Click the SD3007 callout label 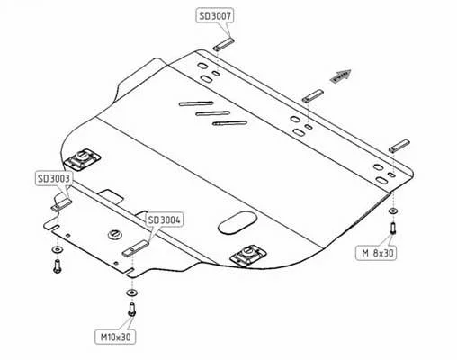(215, 15)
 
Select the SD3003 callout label (54, 178)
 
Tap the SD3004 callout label (165, 220)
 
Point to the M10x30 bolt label (115, 337)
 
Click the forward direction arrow (340, 76)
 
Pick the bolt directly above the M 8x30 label (392, 229)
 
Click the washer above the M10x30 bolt (131, 292)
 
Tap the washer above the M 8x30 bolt (393, 211)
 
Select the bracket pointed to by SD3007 (224, 44)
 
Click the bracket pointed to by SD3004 (136, 248)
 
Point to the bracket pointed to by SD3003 (61, 202)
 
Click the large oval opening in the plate (237, 223)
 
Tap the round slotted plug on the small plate (115, 234)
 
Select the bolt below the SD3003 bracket (57, 265)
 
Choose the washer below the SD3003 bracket (57, 249)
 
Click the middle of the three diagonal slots (213, 113)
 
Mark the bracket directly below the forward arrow (313, 96)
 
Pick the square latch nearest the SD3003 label (82, 158)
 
